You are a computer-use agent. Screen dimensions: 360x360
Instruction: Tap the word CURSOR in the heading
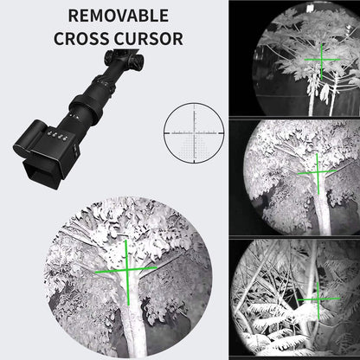click(x=149, y=39)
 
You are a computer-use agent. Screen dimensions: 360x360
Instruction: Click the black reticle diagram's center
click(x=195, y=132)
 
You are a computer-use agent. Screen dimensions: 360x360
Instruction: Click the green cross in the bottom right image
click(x=313, y=300)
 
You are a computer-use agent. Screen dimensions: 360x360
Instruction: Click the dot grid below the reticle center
click(x=195, y=146)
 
